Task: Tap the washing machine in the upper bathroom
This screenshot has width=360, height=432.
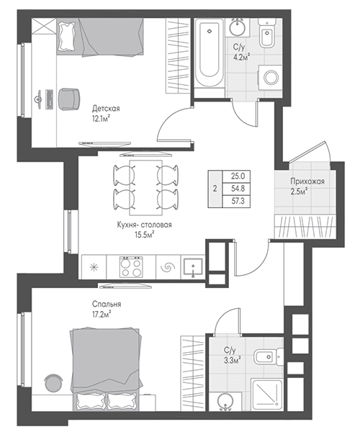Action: pyautogui.click(x=270, y=78)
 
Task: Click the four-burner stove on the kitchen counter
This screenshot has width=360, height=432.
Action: pyautogui.click(x=131, y=266)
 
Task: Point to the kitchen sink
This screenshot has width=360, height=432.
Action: pyautogui.click(x=193, y=267)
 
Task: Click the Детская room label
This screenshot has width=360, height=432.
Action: pyautogui.click(x=106, y=109)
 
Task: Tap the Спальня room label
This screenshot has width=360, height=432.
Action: pyautogui.click(x=107, y=304)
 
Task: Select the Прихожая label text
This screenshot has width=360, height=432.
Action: pyautogui.click(x=307, y=181)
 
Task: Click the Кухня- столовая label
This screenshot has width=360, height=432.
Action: pyautogui.click(x=144, y=225)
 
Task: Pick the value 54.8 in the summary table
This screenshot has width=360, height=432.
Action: pyautogui.click(x=238, y=189)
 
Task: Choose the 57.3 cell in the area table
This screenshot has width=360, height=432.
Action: pyautogui.click(x=238, y=201)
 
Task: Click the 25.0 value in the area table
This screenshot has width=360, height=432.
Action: pyautogui.click(x=238, y=176)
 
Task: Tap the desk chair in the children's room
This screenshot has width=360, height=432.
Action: pyautogui.click(x=69, y=99)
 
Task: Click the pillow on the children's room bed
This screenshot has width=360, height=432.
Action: pyautogui.click(x=66, y=37)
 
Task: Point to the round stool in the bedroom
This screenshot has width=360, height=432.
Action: pyautogui.click(x=53, y=383)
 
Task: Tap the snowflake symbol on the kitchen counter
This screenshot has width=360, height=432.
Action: pyautogui.click(x=94, y=266)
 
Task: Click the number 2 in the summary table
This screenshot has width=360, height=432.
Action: pyautogui.click(x=215, y=189)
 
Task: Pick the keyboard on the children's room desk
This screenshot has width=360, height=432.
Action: pyautogui.click(x=50, y=99)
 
